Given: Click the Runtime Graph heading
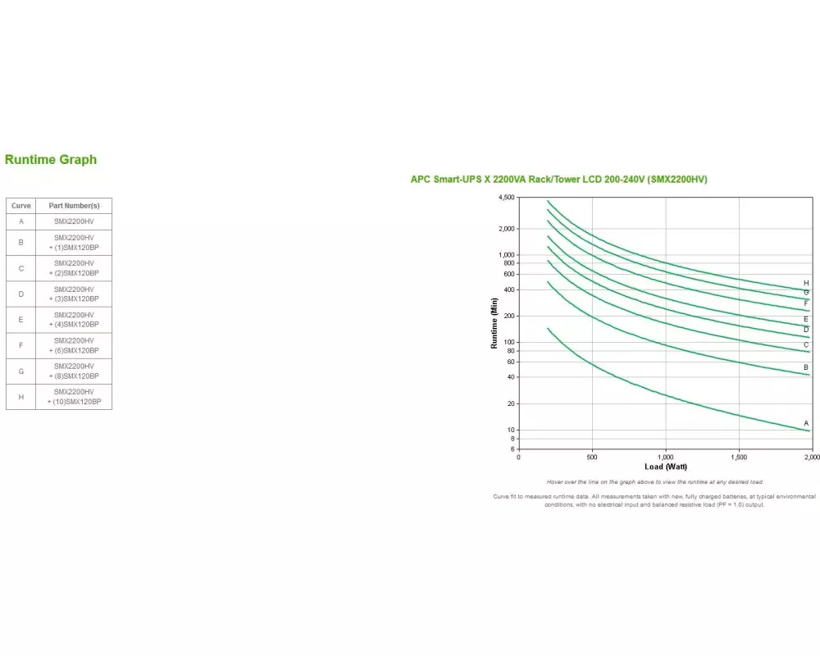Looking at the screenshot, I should point(51,160).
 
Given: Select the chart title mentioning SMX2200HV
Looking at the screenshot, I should point(558,180).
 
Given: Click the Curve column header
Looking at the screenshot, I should point(21,206).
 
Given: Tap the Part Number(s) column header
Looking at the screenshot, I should point(74,206).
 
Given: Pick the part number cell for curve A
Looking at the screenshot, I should point(74,221).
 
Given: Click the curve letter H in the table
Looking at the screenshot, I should point(21,397).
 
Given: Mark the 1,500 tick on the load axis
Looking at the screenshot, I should point(739,457).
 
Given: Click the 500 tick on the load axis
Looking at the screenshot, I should point(592,457).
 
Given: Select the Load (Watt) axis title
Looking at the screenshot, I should point(665,467).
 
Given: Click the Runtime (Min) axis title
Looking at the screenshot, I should point(494,323).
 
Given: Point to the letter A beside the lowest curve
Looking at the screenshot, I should point(806,423).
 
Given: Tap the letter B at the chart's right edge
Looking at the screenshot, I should point(806,367).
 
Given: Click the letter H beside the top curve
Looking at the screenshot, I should point(806,283).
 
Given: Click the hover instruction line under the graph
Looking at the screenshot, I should point(654,482).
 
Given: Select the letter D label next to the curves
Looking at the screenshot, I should point(806,330).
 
